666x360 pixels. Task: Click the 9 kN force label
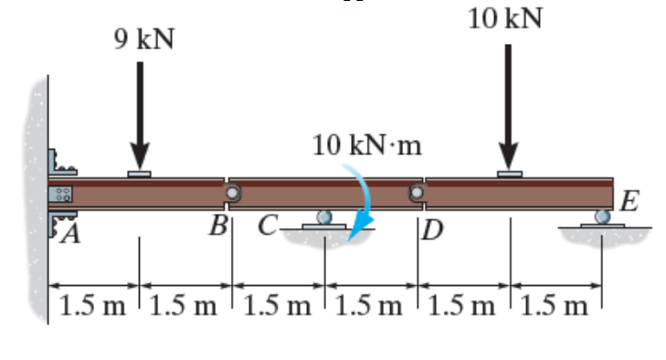[143, 39]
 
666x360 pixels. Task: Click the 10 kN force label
[505, 18]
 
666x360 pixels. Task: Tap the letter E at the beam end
[629, 199]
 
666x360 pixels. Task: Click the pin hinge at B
[233, 193]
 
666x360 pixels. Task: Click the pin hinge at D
[417, 193]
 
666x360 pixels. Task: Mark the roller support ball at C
[324, 217]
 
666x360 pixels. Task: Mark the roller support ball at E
[601, 217]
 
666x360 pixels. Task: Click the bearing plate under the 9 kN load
[140, 172]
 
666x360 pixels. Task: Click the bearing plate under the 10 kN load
[510, 172]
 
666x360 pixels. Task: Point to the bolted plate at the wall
[63, 194]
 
